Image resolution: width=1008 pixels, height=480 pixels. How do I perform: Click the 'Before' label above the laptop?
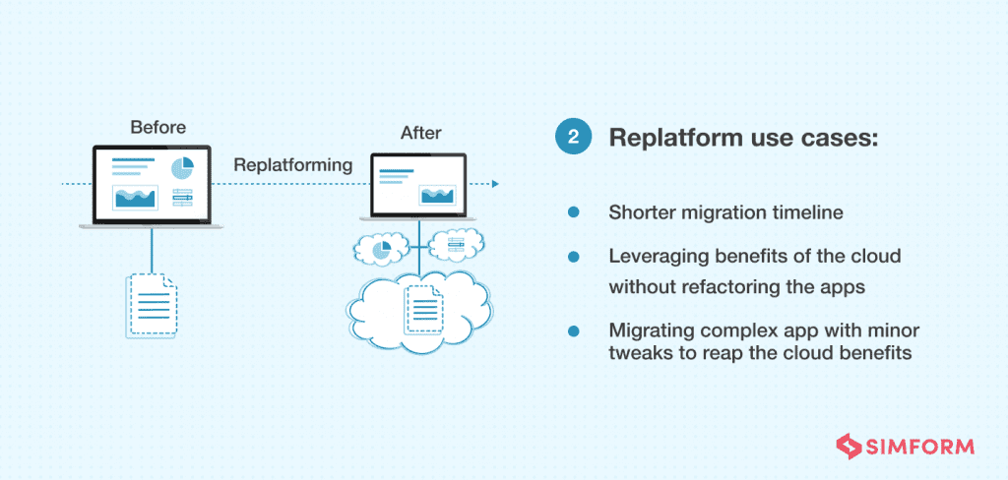coord(157,128)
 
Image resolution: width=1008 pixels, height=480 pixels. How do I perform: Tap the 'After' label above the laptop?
coord(420,132)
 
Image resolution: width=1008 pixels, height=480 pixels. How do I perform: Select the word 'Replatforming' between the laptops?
coord(292,165)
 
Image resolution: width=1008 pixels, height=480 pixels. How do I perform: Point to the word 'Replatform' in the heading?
coord(672,138)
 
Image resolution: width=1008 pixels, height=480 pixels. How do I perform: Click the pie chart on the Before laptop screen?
coord(182,168)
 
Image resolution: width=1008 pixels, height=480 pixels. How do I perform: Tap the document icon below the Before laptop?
coord(152,305)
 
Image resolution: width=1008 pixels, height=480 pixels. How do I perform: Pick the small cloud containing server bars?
coord(456,242)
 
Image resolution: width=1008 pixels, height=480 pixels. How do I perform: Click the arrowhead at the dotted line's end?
coord(495,184)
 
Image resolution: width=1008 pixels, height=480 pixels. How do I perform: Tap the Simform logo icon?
coord(846,447)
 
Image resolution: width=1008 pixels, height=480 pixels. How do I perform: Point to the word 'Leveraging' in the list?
coord(655,257)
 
